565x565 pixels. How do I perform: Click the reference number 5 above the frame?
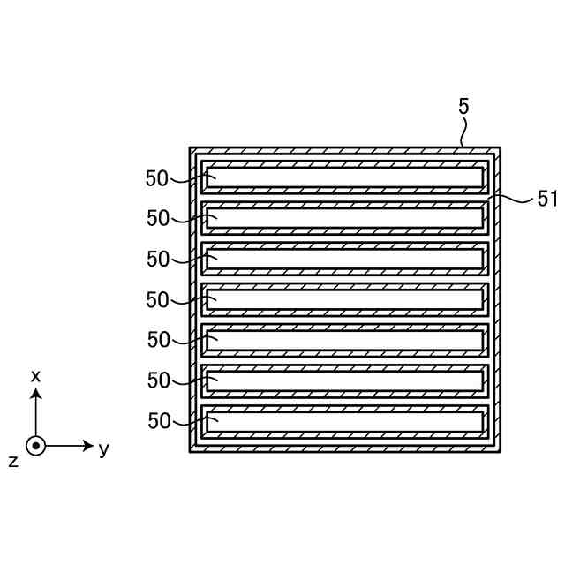click(463, 107)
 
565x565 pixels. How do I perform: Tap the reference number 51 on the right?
click(547, 200)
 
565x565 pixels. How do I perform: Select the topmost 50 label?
click(157, 178)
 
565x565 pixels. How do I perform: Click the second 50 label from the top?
click(158, 218)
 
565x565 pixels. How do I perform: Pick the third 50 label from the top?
click(158, 260)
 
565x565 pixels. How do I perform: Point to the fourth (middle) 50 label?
click(157, 300)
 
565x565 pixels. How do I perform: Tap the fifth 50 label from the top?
click(158, 340)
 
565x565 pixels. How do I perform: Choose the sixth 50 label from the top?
click(158, 380)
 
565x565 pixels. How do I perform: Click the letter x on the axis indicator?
click(35, 376)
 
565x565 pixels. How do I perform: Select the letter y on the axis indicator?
click(104, 449)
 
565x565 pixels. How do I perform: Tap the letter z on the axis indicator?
click(13, 462)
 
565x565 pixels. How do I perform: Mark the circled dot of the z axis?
click(35, 446)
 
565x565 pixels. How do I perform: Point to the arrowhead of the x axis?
click(35, 394)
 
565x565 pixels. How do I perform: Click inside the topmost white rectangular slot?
click(344, 178)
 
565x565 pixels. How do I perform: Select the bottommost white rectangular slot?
click(344, 421)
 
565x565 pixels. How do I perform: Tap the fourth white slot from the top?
click(344, 300)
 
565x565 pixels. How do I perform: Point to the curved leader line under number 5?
click(463, 132)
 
